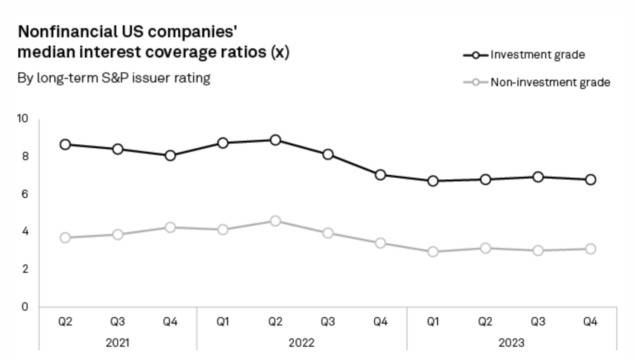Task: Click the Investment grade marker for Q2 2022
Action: click(x=275, y=140)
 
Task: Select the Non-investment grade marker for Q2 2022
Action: click(x=275, y=221)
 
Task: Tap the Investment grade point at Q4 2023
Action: click(x=590, y=180)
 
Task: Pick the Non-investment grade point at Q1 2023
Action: click(x=433, y=251)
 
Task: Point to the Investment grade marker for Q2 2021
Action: click(x=65, y=144)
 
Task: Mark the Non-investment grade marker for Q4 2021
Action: click(x=170, y=227)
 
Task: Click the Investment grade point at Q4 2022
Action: click(x=380, y=175)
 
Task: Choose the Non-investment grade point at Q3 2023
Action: click(x=538, y=250)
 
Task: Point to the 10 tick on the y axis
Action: click(x=22, y=119)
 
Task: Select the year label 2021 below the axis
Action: click(x=117, y=343)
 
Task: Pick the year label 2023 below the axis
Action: click(x=511, y=343)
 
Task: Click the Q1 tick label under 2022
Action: click(x=223, y=322)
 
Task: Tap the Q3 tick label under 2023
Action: click(x=538, y=322)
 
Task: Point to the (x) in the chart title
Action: click(x=280, y=52)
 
